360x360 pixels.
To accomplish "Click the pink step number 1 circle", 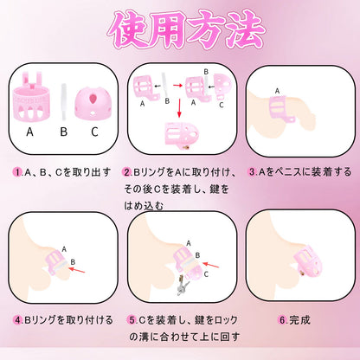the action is pyautogui.click(x=17, y=172).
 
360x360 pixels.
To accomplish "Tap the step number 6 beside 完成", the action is pyautogui.click(x=283, y=320).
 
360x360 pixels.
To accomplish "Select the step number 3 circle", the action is pyautogui.click(x=253, y=172).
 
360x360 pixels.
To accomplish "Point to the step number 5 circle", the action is pyautogui.click(x=133, y=320).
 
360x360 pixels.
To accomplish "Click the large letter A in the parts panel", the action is pyautogui.click(x=29, y=132).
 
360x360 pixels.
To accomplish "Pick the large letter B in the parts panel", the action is pyautogui.click(x=64, y=132).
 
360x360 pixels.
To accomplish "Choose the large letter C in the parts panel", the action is pyautogui.click(x=94, y=132).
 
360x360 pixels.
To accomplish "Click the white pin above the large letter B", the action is pyautogui.click(x=64, y=102).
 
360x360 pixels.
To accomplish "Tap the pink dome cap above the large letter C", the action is pyautogui.click(x=93, y=103).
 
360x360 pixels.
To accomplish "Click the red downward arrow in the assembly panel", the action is pyautogui.click(x=179, y=108).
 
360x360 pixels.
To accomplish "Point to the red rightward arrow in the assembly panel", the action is pyautogui.click(x=178, y=85).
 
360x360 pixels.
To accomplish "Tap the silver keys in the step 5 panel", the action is pyautogui.click(x=183, y=286).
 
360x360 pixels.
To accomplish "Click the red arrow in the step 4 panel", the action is pyautogui.click(x=77, y=270).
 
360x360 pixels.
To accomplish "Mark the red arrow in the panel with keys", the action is pyautogui.click(x=210, y=265).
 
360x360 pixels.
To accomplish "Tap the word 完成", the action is pyautogui.click(x=299, y=320).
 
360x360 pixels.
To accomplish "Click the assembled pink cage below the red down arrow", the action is pyautogui.click(x=182, y=134).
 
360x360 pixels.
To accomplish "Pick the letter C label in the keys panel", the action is pyautogui.click(x=206, y=274).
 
